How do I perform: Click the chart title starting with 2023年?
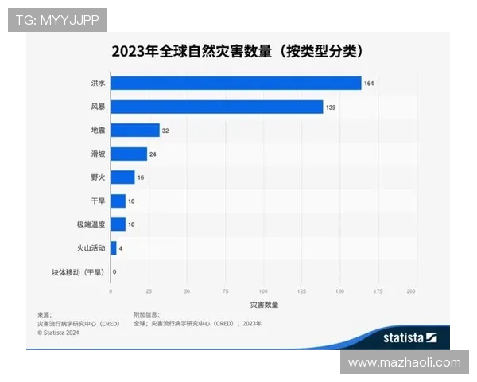pos(237,52)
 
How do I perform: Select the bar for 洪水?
pos(235,83)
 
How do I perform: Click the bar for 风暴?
pos(216,107)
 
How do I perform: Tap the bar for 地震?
pos(134,130)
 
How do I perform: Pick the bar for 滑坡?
pos(128,154)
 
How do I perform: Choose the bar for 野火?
pos(122,177)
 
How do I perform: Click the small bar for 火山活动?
pos(113,248)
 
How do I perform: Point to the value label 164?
pos(369,84)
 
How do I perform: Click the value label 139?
pos(331,107)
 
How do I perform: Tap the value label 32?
pos(166,131)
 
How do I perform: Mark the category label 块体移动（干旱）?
pos(78,272)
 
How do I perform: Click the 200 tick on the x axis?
pos(411,291)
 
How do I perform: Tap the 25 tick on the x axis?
pos(148,291)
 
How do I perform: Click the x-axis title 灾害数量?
pos(264,305)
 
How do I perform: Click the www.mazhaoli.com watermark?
pos(404,363)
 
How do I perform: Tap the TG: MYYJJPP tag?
pos(57,19)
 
